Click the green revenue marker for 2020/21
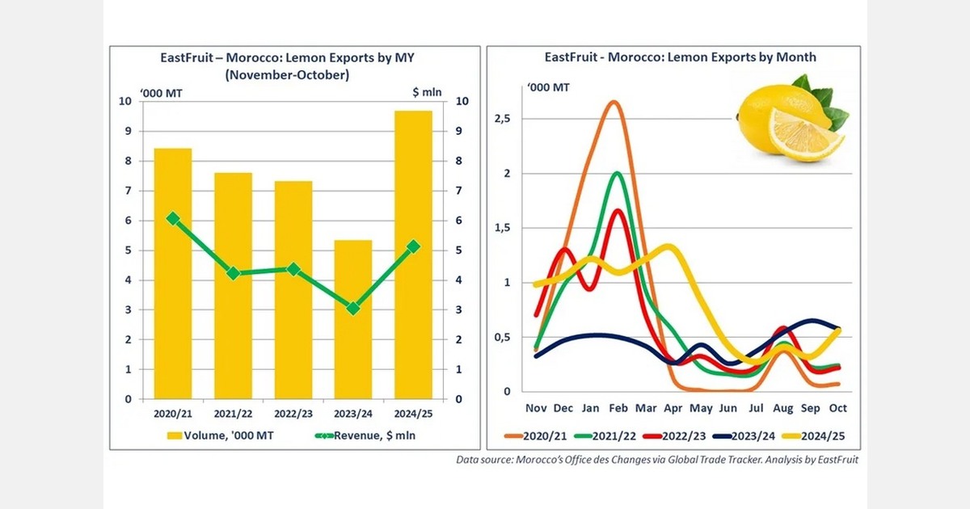173,218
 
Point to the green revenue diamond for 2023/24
352,308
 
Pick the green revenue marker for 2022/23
293,269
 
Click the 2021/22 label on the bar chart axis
233,413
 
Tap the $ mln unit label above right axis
427,92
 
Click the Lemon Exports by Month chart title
680,57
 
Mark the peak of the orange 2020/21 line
614,102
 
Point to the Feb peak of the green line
618,172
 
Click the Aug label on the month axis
783,408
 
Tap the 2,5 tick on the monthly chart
502,119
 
